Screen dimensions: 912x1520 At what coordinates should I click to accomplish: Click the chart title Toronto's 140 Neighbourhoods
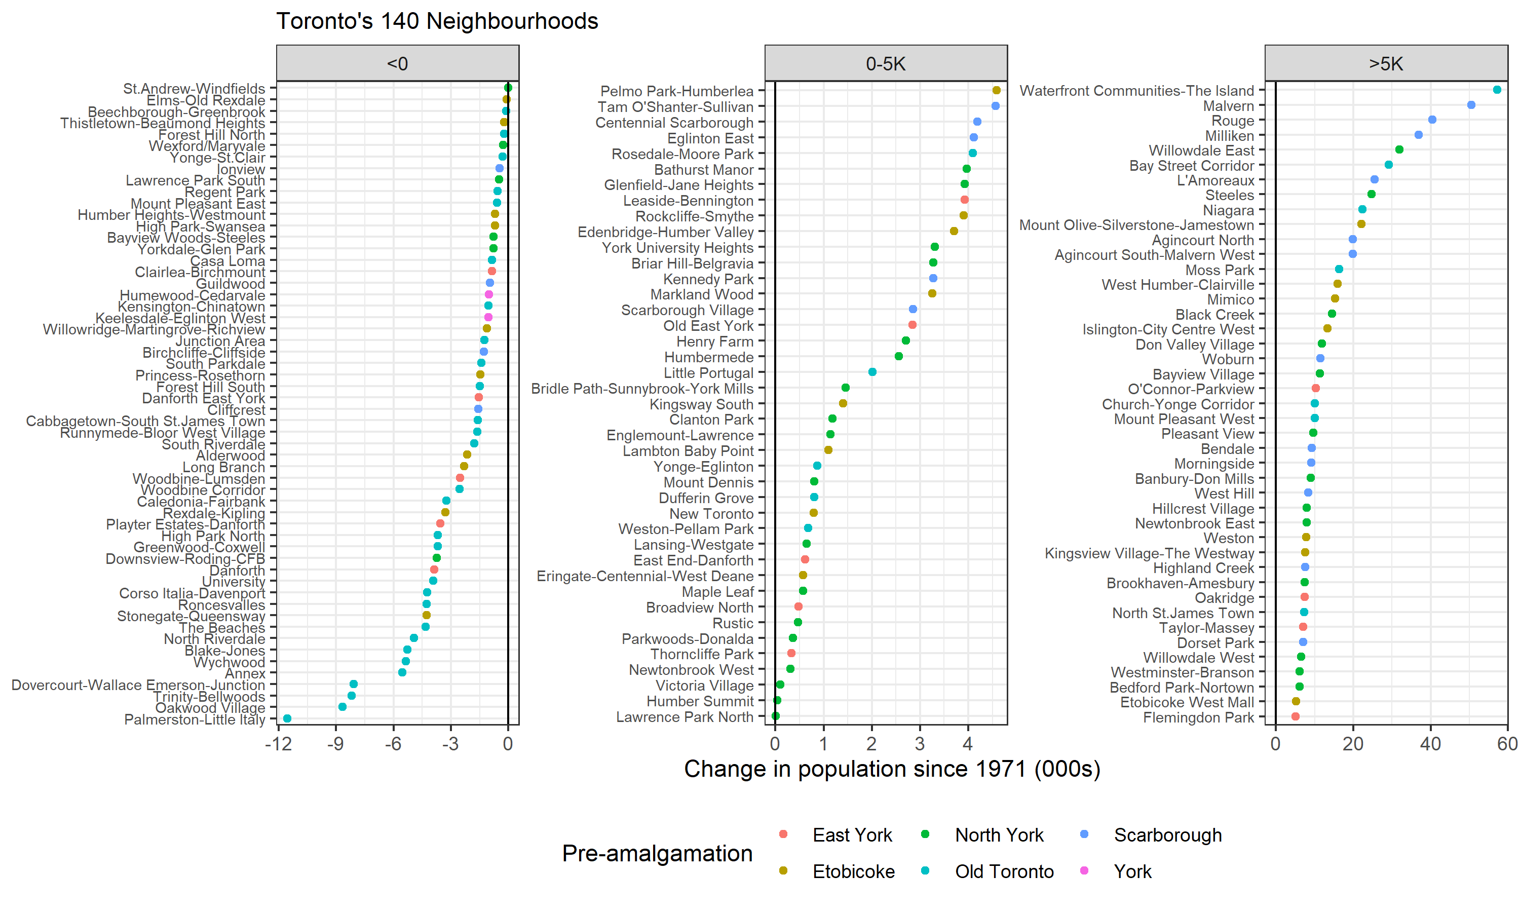click(x=437, y=21)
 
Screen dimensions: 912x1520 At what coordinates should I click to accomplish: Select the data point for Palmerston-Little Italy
click(x=287, y=718)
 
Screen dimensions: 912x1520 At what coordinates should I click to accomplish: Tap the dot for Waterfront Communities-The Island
click(x=1497, y=90)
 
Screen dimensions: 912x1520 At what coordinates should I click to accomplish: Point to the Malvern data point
click(x=1471, y=105)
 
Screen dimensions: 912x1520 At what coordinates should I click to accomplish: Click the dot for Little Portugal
click(x=872, y=372)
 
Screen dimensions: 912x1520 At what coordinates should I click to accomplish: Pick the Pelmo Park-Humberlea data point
click(x=996, y=90)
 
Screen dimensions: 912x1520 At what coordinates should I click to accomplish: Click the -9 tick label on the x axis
click(x=335, y=744)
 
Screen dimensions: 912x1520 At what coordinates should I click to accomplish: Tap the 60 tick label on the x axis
click(x=1506, y=744)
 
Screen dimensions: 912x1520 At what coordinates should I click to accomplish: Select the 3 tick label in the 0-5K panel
click(x=919, y=744)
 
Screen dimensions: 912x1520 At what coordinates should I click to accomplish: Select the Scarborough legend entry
click(x=1167, y=835)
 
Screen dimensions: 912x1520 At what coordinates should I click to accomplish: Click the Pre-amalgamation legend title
click(x=657, y=853)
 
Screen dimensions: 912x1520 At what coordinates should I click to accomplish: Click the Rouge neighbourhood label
click(x=1232, y=121)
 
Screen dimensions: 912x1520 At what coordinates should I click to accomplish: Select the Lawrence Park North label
click(x=685, y=716)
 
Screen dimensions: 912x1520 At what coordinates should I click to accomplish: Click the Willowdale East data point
click(x=1399, y=150)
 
